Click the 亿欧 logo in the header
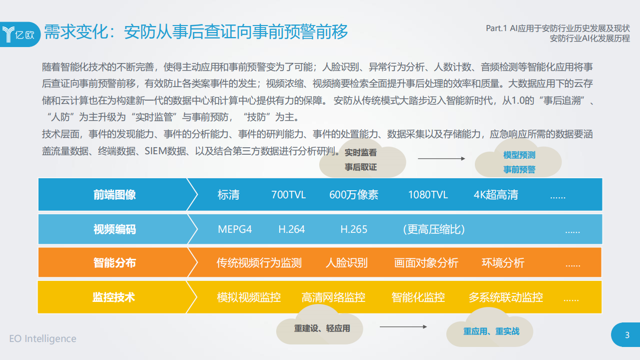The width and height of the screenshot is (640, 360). pyautogui.click(x=20, y=34)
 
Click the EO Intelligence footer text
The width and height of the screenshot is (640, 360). pyautogui.click(x=43, y=339)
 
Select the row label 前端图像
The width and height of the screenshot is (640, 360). pyautogui.click(x=115, y=195)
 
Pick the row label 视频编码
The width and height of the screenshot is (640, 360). pyautogui.click(x=115, y=229)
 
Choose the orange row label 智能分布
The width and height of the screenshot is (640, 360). pyautogui.click(x=115, y=263)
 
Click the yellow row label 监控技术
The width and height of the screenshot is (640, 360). pyautogui.click(x=114, y=297)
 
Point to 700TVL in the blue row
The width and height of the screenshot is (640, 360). pyautogui.click(x=288, y=195)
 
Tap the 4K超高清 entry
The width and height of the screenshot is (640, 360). pyautogui.click(x=495, y=195)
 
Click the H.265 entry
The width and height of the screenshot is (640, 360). pyautogui.click(x=354, y=229)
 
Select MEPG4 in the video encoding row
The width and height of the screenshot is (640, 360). pyautogui.click(x=235, y=229)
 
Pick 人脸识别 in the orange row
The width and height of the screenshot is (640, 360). pyautogui.click(x=346, y=263)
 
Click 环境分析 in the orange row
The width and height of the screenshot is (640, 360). pyautogui.click(x=503, y=263)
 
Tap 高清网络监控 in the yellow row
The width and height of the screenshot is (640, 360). pyautogui.click(x=333, y=297)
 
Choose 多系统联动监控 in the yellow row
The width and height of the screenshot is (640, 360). pyautogui.click(x=505, y=297)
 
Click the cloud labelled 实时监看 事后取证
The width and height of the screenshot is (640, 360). pyautogui.click(x=361, y=160)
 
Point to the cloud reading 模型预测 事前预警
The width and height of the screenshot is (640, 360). pyautogui.click(x=519, y=162)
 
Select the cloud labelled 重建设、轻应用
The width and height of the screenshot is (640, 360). pyautogui.click(x=322, y=328)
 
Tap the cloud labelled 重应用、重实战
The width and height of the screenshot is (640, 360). pyautogui.click(x=491, y=331)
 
